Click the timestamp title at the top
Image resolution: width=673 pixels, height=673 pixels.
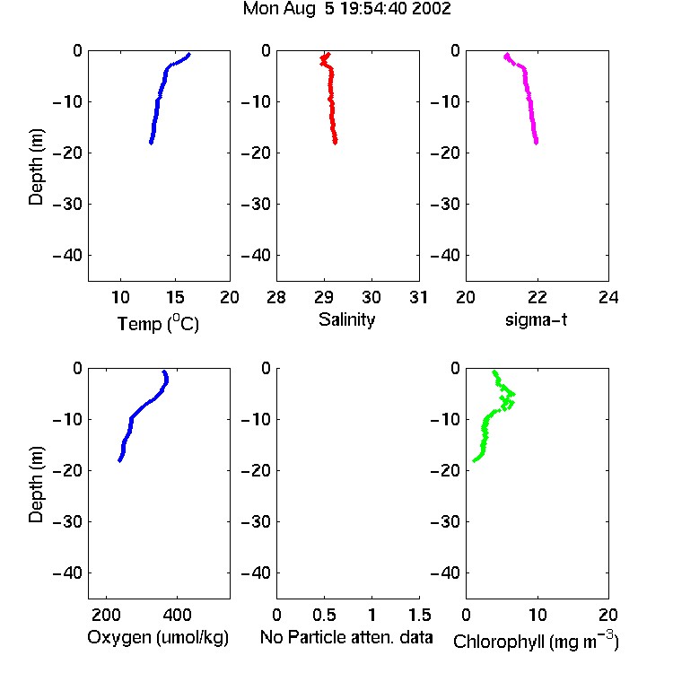[346, 9]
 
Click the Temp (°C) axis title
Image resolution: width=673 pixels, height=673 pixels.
[158, 324]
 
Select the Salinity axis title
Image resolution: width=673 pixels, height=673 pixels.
[346, 319]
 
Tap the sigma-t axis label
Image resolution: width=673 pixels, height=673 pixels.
[536, 319]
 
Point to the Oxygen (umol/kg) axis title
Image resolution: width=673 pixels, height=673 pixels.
[158, 637]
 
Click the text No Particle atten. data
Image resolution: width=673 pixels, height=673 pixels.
[346, 637]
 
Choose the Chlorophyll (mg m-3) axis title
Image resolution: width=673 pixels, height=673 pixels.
[536, 641]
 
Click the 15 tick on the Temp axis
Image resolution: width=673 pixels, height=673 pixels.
[175, 297]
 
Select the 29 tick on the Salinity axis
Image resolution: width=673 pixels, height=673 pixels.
[324, 297]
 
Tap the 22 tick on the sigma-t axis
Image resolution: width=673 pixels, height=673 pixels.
[537, 297]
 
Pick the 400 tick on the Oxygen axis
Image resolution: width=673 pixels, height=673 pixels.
[178, 615]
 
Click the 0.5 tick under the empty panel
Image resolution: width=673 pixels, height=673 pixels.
[325, 615]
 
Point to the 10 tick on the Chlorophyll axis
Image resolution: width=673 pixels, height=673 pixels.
[538, 615]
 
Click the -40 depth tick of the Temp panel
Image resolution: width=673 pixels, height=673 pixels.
[67, 256]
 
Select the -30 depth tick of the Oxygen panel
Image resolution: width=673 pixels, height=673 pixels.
[67, 521]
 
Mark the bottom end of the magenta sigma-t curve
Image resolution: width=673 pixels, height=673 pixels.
[536, 143]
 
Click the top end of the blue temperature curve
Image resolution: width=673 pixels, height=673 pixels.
[188, 55]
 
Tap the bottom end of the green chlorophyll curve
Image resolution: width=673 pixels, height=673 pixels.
[475, 461]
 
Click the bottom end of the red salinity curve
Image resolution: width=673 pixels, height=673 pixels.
[336, 142]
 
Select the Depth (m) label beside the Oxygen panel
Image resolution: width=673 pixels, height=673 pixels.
[36, 485]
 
